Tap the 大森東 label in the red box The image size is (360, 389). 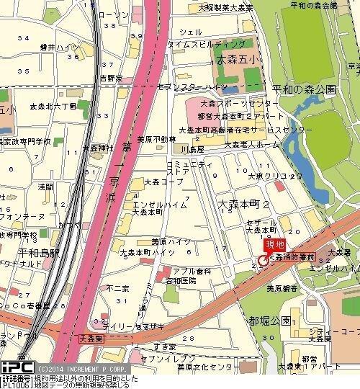(92, 336)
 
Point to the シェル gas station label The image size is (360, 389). (190, 32)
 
